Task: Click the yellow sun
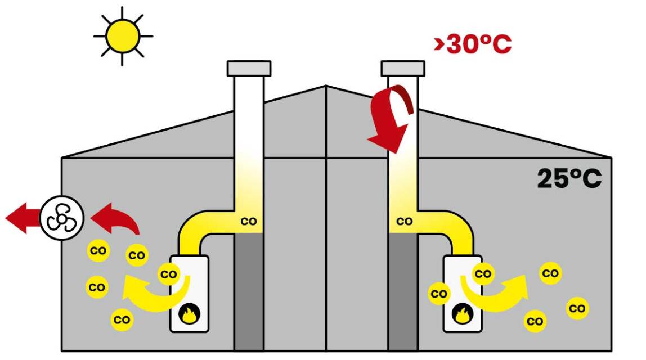(x=123, y=36)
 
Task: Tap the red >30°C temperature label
(x=473, y=44)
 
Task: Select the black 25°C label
(x=569, y=178)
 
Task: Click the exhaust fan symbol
(x=62, y=218)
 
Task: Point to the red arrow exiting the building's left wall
(x=23, y=218)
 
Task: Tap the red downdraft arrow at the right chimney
(x=390, y=118)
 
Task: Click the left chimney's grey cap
(x=249, y=69)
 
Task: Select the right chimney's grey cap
(x=403, y=69)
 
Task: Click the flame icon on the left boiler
(x=190, y=314)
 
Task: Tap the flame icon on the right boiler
(x=463, y=314)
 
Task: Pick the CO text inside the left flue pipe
(x=249, y=222)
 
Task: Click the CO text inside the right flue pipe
(x=405, y=222)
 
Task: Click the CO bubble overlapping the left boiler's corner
(x=169, y=274)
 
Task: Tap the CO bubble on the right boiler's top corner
(x=483, y=273)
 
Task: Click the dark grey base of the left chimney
(x=249, y=291)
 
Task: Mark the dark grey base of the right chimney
(x=403, y=291)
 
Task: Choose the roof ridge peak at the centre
(x=326, y=85)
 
